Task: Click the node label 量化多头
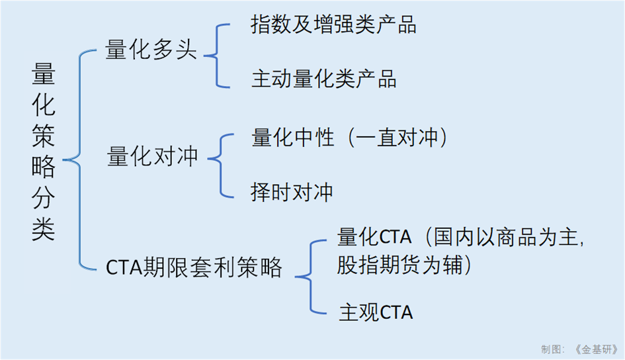(x=151, y=51)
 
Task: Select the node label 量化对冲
(x=153, y=157)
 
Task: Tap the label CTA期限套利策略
(x=194, y=268)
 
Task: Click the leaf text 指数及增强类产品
(x=333, y=25)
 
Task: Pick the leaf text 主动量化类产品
(x=324, y=79)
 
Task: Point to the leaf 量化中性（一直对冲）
(x=351, y=138)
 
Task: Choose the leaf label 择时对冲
(x=292, y=192)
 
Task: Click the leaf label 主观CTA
(x=376, y=311)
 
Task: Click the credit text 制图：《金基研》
(x=579, y=349)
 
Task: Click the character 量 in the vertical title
(x=44, y=77)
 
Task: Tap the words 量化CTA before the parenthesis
(x=374, y=237)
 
